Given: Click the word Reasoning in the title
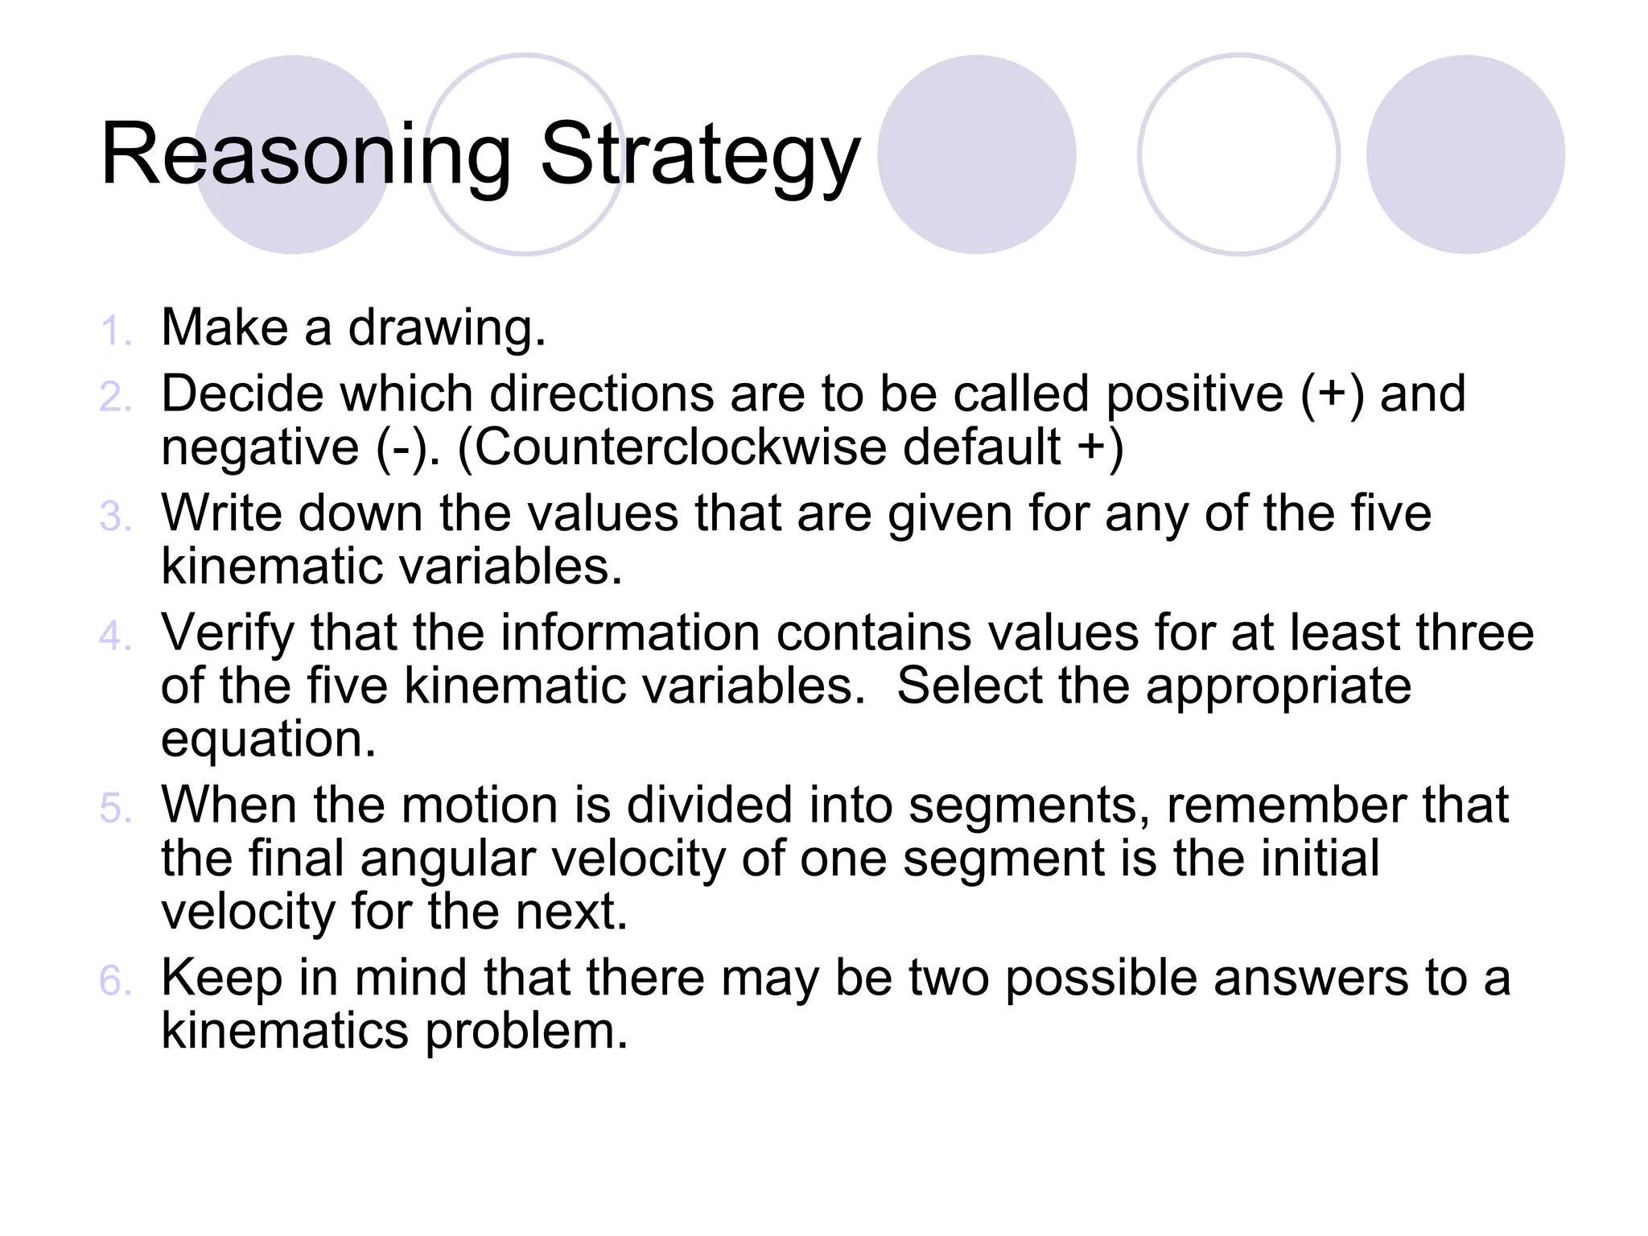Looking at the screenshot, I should coord(306,154).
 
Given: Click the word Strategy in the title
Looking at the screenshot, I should coord(700,154).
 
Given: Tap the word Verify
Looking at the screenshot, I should coord(228,633).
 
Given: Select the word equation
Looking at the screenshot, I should coord(269,740).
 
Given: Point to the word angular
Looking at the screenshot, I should coord(447,859).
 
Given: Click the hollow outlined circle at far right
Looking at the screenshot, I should coord(1238,154).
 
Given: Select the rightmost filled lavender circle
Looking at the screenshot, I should coord(1465,154).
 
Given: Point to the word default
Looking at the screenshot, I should coord(981,447).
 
